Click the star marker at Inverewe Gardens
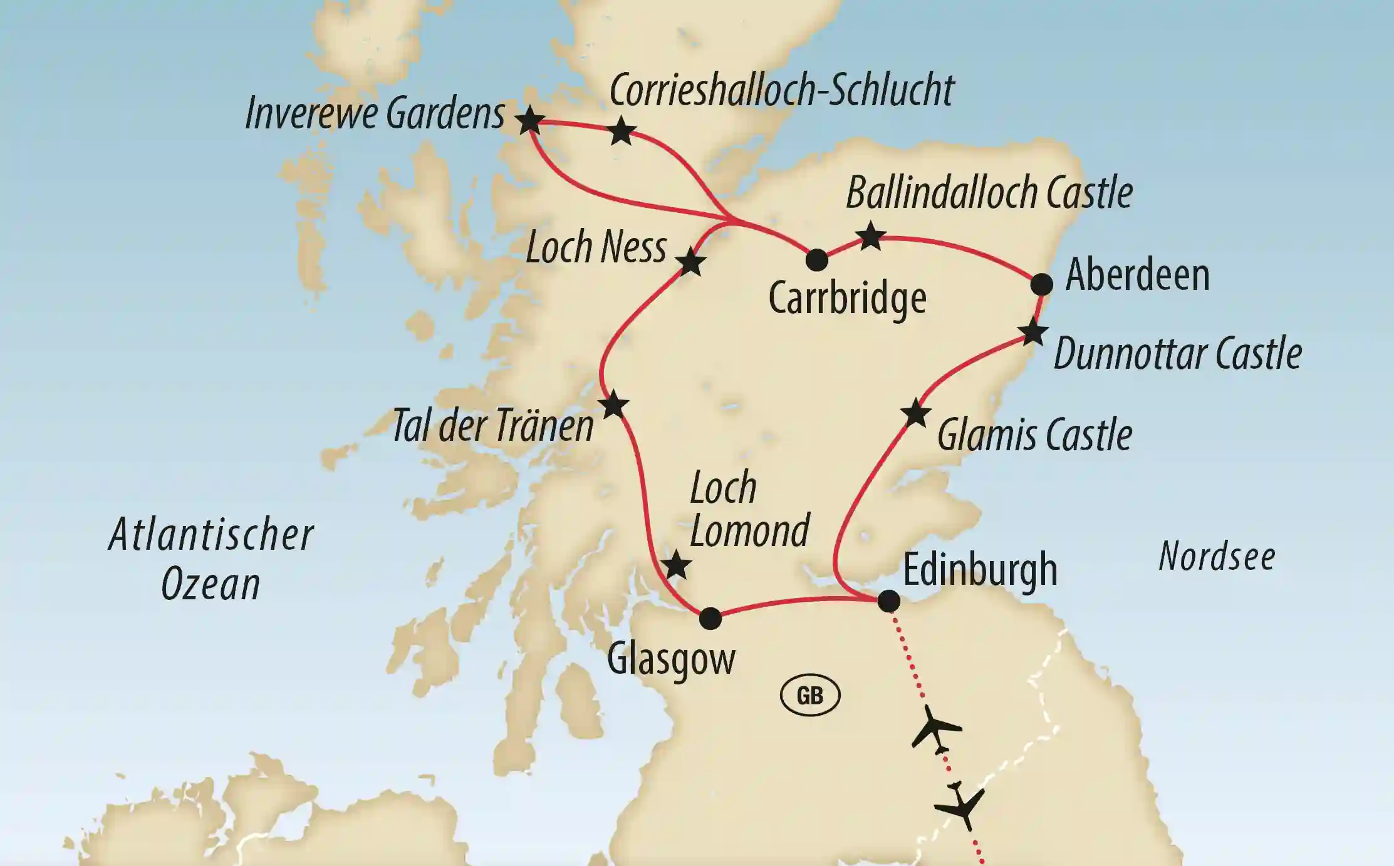pos(529,120)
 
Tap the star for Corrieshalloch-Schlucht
pos(622,131)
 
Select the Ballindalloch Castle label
pos(989,193)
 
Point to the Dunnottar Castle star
pos(1032,332)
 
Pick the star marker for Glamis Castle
pos(915,413)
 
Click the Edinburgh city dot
pos(888,601)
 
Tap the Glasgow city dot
pos(710,619)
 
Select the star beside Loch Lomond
pos(677,566)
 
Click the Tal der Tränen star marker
pos(613,405)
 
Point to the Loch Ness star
pos(691,262)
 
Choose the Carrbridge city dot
pos(816,260)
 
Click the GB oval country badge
pos(809,696)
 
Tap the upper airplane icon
pos(935,728)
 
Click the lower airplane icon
pos(960,808)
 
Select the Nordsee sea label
pos(1217,556)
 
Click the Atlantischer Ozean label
pos(211,559)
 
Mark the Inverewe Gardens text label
pos(375,114)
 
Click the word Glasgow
pos(671,659)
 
